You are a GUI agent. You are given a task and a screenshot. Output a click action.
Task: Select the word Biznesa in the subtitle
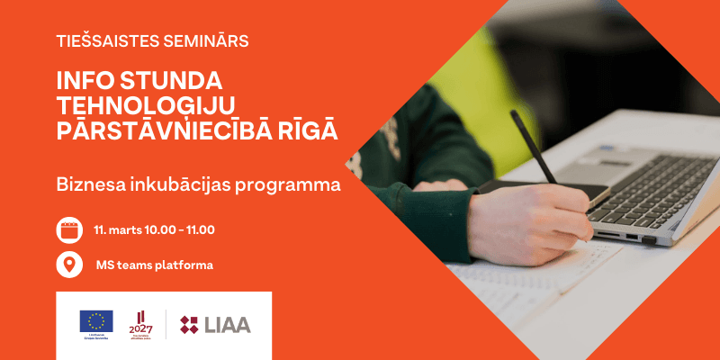tap(88, 185)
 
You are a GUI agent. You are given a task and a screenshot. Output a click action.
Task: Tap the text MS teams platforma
tap(154, 265)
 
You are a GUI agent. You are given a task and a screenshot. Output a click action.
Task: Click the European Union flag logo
tap(96, 320)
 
